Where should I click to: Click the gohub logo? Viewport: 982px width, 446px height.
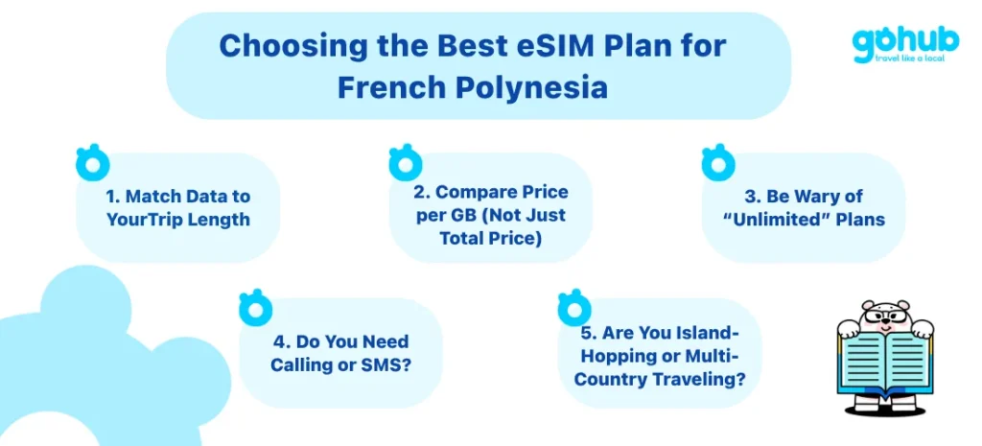(x=904, y=44)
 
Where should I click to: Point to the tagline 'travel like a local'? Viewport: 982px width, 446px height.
(x=901, y=58)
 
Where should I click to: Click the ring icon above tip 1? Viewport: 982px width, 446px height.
(x=92, y=163)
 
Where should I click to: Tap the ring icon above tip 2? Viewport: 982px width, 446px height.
(x=406, y=163)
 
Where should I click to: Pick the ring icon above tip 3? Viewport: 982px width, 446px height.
(x=718, y=163)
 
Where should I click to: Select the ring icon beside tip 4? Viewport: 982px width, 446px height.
(x=255, y=308)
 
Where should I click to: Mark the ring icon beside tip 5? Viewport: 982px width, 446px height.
(x=573, y=308)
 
